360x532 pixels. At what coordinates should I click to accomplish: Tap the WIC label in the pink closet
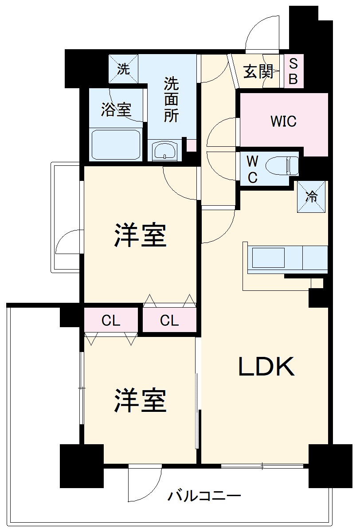283,121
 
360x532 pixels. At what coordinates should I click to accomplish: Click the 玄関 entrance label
258,71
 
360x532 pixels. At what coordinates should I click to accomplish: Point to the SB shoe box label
293,72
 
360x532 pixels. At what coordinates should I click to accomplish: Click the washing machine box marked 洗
124,69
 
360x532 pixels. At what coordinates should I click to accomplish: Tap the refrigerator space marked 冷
312,196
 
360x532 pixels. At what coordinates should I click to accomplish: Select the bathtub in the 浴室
116,144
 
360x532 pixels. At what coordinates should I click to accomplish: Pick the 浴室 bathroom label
116,110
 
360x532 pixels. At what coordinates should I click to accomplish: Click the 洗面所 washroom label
171,99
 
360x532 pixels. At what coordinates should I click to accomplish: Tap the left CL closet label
111,321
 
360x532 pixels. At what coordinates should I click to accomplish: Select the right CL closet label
169,321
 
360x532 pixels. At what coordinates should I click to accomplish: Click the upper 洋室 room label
141,235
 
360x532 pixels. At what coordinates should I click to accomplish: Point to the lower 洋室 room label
141,400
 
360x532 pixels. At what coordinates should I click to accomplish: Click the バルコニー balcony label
204,496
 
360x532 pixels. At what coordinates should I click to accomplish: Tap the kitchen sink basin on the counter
268,258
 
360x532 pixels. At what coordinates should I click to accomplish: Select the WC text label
252,169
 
